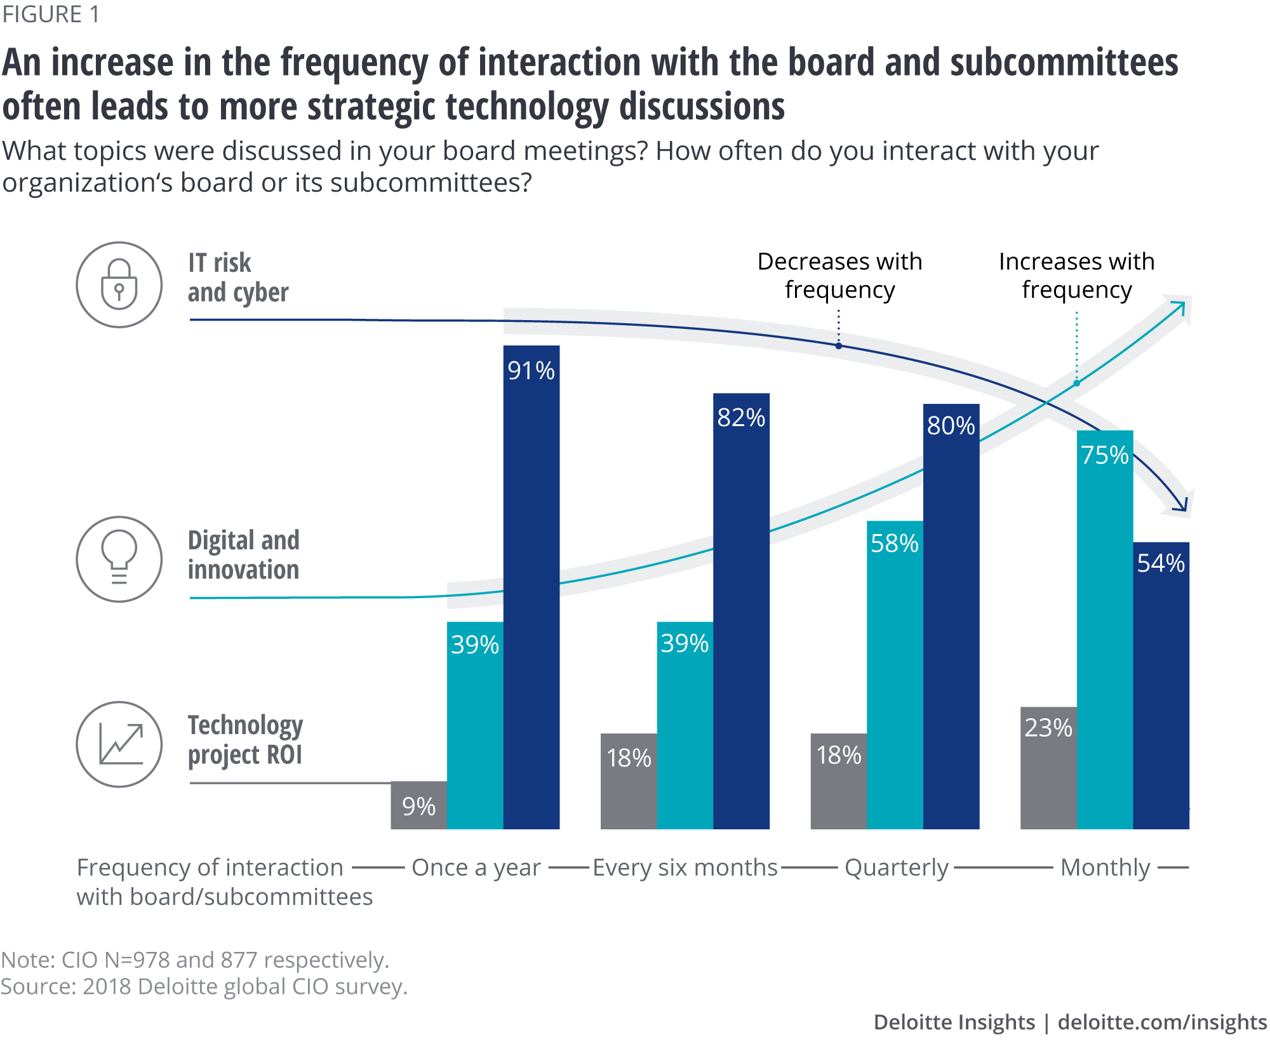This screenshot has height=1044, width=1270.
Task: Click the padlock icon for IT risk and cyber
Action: click(119, 284)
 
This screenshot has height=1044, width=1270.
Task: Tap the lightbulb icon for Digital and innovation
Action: click(119, 559)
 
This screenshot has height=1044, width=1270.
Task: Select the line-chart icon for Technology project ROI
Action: click(119, 744)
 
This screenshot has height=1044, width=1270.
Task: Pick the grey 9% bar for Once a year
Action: click(418, 805)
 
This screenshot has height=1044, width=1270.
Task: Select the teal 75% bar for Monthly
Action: click(1105, 629)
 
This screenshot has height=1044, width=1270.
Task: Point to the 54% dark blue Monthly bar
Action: click(1161, 686)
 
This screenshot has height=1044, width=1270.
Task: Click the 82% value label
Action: click(741, 418)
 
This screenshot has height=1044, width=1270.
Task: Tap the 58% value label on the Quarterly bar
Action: click(895, 544)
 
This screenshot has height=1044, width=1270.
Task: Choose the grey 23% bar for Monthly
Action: click(1048, 768)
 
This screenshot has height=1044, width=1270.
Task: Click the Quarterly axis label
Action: click(897, 867)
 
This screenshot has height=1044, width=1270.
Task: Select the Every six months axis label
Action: click(685, 867)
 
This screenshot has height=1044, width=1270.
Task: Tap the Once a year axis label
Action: click(476, 867)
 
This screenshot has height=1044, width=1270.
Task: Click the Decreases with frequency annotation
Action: click(839, 275)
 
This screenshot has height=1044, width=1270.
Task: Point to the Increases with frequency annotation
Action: click(1077, 275)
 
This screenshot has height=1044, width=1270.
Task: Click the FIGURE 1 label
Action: click(51, 14)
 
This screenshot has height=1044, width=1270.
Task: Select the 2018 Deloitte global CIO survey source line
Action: click(204, 987)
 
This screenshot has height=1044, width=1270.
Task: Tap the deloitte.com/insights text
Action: click(1162, 1022)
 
